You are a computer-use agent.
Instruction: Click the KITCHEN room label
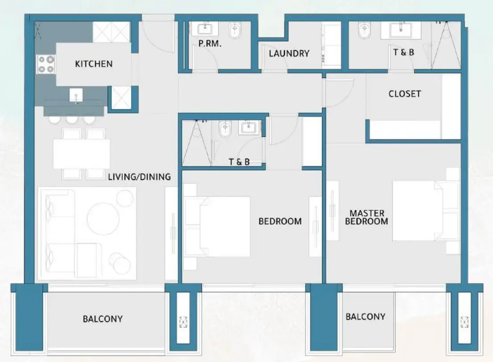click(94, 64)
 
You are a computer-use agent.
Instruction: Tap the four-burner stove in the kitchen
click(46, 64)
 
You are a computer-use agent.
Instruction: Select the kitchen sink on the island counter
click(76, 95)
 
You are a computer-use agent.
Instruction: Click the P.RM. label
click(210, 44)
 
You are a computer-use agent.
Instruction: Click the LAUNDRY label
click(289, 53)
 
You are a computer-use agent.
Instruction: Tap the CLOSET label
click(404, 94)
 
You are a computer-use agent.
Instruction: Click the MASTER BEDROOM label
click(366, 217)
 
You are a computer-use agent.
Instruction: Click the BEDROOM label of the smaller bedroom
click(280, 221)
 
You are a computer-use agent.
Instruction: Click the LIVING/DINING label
click(139, 177)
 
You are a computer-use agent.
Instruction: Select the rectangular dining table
click(82, 154)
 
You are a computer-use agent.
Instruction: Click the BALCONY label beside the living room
click(103, 319)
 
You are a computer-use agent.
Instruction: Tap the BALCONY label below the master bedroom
click(365, 317)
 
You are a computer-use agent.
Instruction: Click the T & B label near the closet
click(403, 52)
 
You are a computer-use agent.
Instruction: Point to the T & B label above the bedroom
click(239, 162)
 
